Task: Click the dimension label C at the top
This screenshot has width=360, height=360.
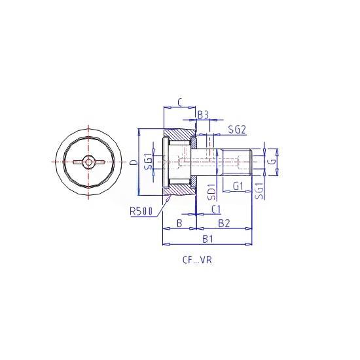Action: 180,102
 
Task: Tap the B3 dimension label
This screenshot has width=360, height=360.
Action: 203,115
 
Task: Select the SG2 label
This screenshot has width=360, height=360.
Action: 237,130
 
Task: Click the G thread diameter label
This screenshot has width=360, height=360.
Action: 272,162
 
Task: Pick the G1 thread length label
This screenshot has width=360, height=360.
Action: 238,186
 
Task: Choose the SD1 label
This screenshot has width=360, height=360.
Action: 211,192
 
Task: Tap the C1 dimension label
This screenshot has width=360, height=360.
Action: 216,209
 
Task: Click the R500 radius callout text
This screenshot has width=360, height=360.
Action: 141,211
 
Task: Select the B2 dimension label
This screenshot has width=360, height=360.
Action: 224,223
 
